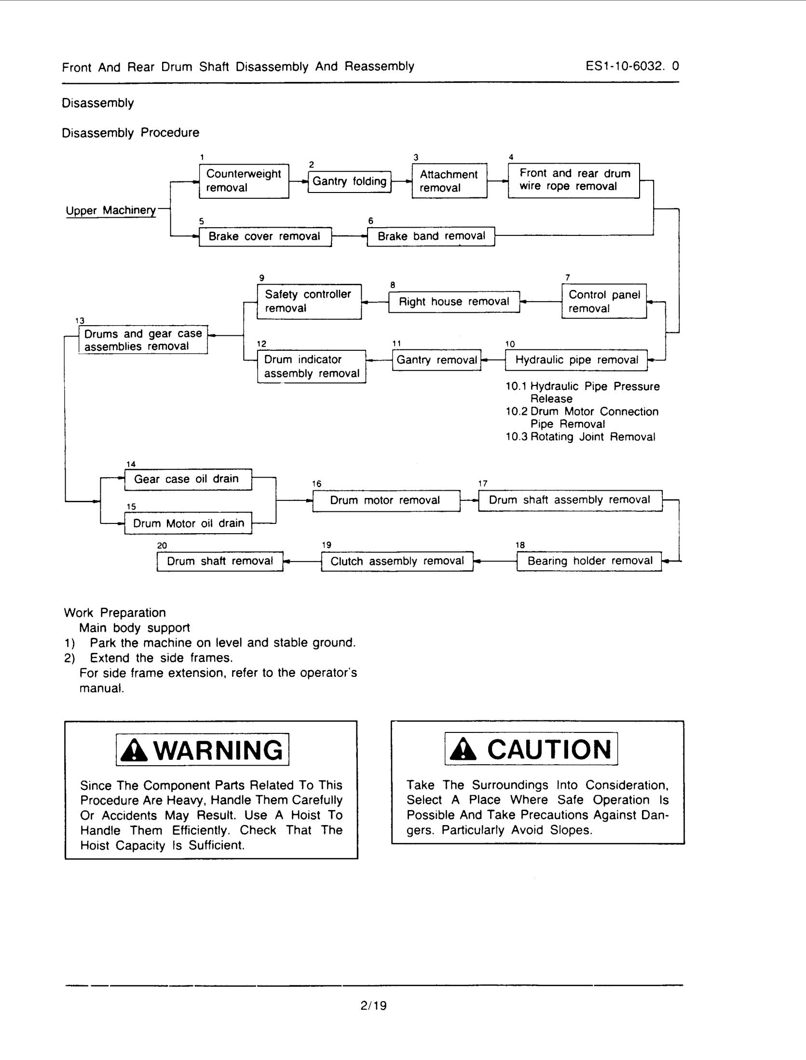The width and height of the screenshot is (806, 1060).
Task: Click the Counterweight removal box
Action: [x=244, y=181]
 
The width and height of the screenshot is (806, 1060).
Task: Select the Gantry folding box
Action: [x=349, y=181]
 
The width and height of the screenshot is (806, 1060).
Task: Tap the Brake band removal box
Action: [x=431, y=236]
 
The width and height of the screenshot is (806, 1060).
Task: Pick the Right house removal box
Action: [x=454, y=302]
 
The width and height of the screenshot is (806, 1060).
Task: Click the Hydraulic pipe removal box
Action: [x=576, y=360]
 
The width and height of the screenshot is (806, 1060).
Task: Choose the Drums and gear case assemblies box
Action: [x=143, y=340]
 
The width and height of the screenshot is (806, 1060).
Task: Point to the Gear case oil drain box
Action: [x=188, y=479]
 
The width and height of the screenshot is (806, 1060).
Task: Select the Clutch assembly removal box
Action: [x=397, y=561]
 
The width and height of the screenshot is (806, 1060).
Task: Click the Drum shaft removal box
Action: [x=220, y=561]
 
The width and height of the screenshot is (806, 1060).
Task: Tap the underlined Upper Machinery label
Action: [x=111, y=211]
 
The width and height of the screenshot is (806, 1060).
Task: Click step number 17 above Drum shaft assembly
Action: [x=483, y=483]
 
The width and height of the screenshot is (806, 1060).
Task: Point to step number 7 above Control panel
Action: [x=568, y=277]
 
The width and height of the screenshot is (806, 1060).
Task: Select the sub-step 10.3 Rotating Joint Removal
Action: [x=580, y=437]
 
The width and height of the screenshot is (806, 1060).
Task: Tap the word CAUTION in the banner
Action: [x=549, y=749]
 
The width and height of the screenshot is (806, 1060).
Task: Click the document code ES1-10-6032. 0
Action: [x=632, y=66]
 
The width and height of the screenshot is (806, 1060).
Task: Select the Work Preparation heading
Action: [x=115, y=613]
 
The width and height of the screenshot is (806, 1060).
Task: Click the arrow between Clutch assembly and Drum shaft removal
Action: [x=302, y=561]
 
